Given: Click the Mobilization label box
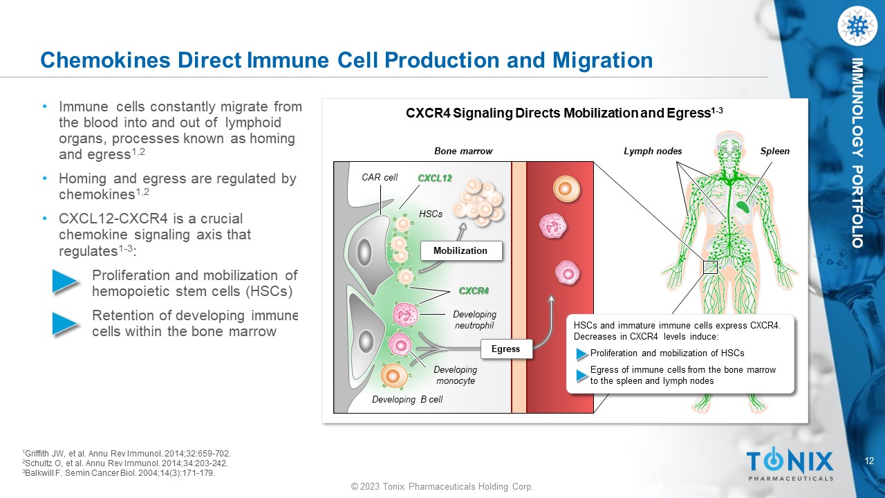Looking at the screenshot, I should tap(460, 251).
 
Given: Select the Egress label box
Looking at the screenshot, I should tap(505, 349).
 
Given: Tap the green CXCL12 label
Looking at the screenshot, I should tap(435, 178).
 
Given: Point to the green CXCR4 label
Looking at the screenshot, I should tap(474, 290).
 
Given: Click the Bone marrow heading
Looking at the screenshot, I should tap(463, 151).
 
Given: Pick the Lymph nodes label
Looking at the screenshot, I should tap(653, 151).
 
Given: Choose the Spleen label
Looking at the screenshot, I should tap(775, 151).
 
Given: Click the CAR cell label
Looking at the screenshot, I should tap(380, 178).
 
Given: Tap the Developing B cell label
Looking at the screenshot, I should tap(407, 399).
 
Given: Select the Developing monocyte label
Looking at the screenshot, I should tap(455, 375).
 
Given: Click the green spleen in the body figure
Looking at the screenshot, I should tap(743, 205).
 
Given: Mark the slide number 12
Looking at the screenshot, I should tap(870, 461).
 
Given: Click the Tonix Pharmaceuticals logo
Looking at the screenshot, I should tap(790, 463).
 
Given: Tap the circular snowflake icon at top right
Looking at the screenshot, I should tap(857, 26).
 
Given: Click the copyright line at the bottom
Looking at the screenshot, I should tap(442, 487).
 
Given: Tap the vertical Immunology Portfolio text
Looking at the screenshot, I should tap(857, 153).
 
